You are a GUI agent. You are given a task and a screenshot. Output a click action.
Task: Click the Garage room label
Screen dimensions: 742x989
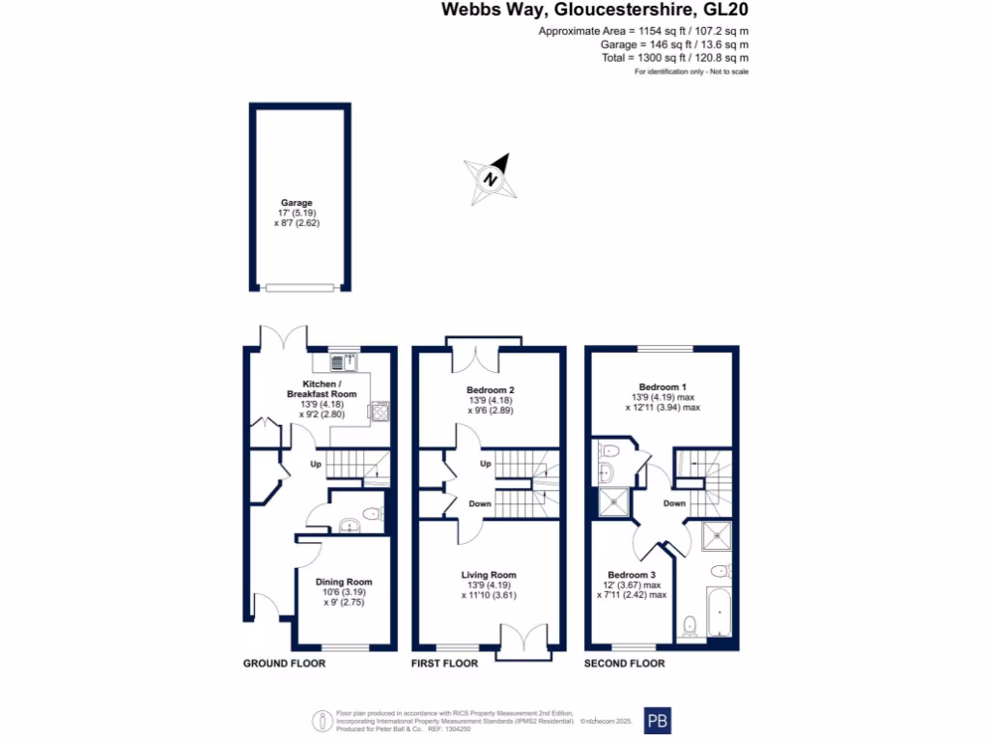(297, 203)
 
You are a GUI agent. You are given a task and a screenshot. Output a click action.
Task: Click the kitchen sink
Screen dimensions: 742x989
(344, 362)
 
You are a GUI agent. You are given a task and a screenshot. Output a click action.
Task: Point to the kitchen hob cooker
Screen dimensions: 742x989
(380, 411)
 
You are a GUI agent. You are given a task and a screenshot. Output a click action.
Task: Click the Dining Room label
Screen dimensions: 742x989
(344, 582)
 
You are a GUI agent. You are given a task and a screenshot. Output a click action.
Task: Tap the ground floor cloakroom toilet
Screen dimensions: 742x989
(374, 513)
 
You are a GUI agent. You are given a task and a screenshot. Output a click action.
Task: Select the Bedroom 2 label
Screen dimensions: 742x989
(490, 390)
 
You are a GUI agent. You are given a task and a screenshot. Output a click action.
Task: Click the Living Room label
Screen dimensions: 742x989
(490, 575)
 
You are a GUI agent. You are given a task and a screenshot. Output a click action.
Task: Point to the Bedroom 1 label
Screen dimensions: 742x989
(662, 385)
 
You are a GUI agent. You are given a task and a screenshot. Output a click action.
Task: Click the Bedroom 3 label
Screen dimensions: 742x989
(631, 575)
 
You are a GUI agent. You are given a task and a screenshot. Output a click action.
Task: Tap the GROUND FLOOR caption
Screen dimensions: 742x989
(284, 664)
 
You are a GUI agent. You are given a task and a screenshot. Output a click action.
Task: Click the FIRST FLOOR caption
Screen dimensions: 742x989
(445, 664)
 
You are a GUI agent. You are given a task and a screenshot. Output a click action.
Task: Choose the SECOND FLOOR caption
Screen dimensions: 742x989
(624, 664)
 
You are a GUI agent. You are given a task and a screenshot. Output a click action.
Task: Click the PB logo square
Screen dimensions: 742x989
(657, 721)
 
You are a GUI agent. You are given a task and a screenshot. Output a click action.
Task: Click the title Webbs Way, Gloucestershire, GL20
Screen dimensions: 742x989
(595, 11)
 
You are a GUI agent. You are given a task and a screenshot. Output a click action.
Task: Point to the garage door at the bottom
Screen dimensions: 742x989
(299, 287)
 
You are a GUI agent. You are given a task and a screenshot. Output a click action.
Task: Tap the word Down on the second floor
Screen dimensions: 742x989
(674, 503)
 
